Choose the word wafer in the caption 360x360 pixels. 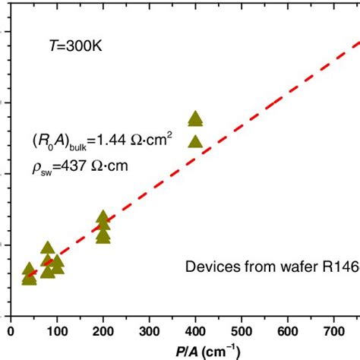[292, 267]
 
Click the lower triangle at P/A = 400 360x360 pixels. [195, 141]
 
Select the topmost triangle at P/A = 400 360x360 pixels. [195, 117]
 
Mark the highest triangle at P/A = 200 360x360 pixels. [103, 217]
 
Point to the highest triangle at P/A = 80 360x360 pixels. [48, 248]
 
